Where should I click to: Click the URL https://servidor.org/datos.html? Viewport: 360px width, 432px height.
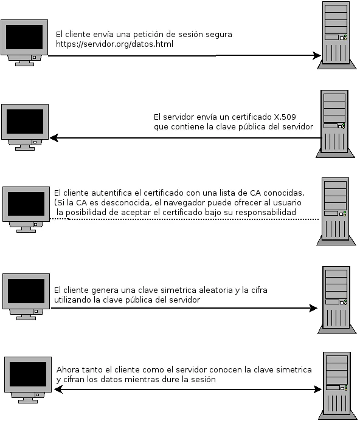point(106,44)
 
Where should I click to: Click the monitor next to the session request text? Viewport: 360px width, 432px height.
point(24,42)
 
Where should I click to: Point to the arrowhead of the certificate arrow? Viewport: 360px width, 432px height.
point(54,139)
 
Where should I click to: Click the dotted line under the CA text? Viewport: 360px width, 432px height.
point(182,219)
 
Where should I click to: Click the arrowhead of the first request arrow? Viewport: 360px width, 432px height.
point(317,56)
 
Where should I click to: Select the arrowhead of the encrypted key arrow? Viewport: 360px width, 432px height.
point(313,308)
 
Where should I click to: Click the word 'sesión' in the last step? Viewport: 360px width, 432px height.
point(204,379)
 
